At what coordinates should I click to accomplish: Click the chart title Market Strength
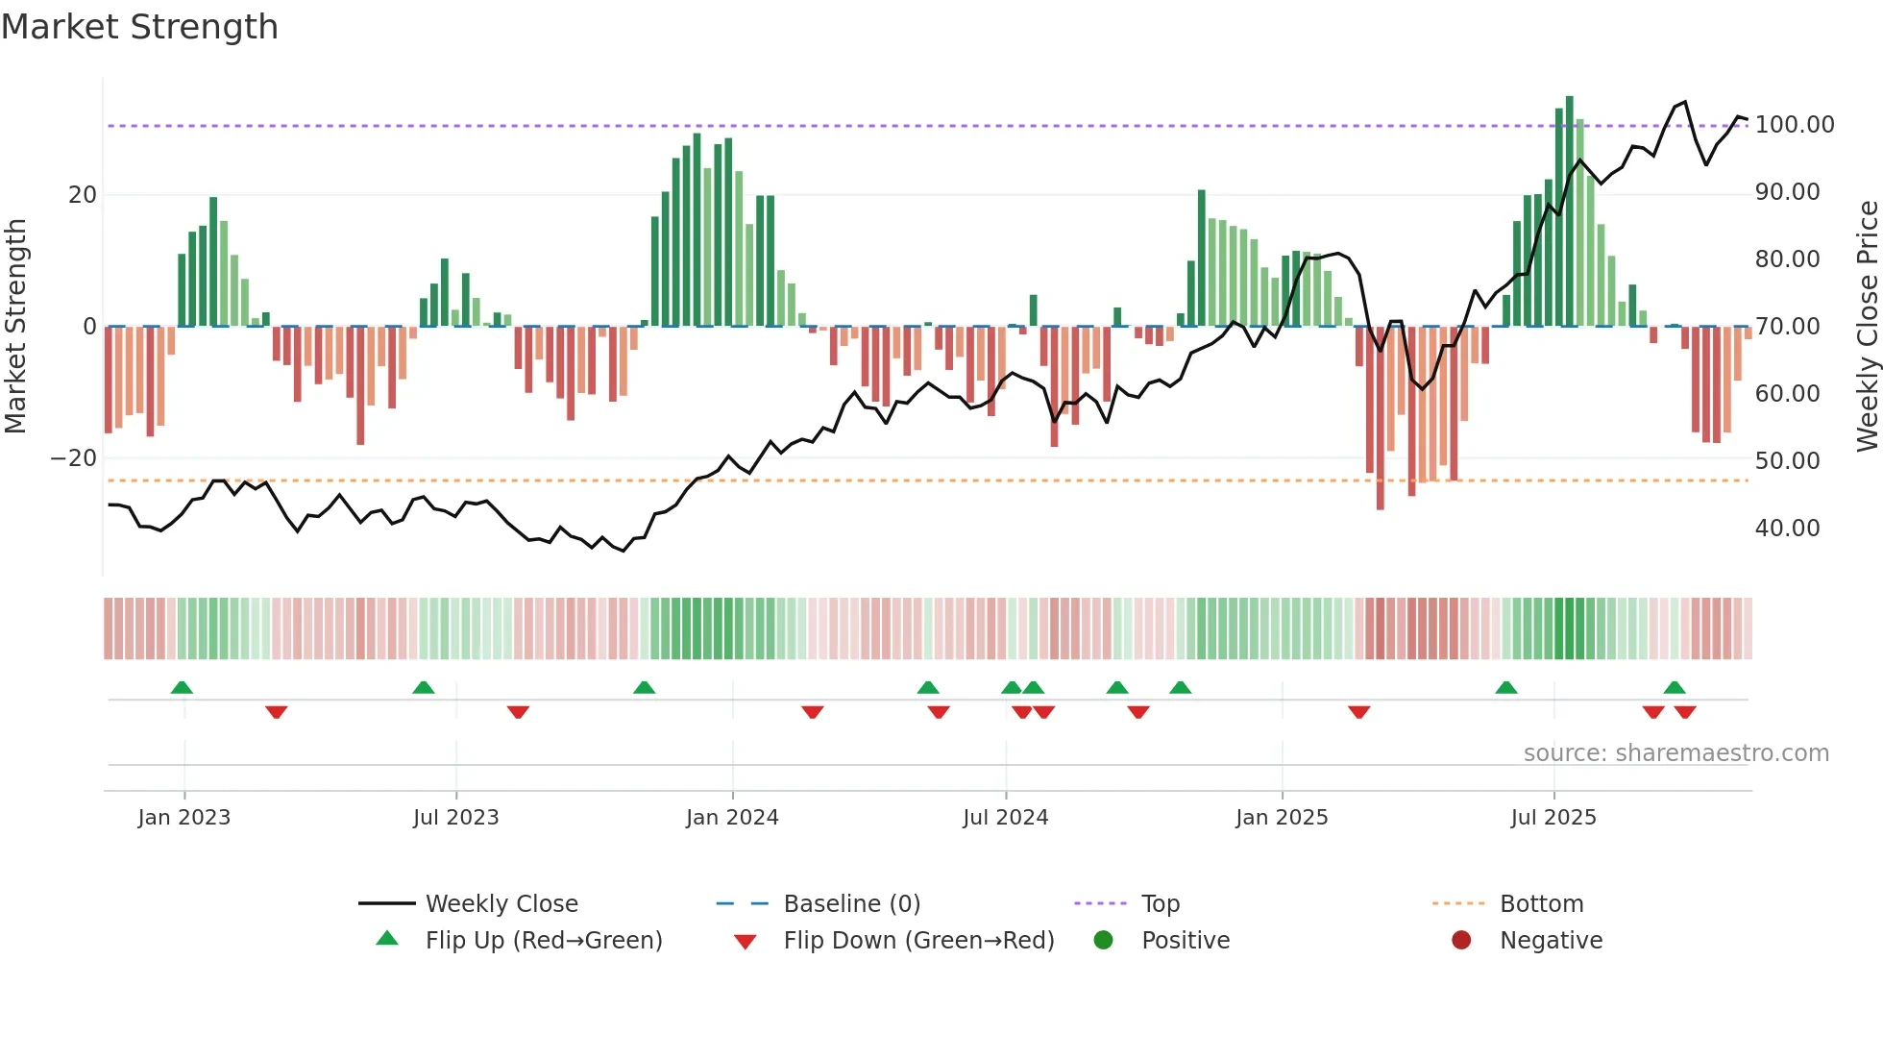tap(139, 27)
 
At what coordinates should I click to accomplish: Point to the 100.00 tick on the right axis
tap(1794, 125)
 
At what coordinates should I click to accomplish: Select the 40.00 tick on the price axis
tap(1787, 529)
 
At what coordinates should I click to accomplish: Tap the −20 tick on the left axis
tap(74, 458)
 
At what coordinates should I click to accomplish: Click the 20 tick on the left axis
tap(83, 195)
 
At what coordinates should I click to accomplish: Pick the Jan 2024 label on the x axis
tap(732, 818)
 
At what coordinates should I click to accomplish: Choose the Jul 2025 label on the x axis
tap(1553, 818)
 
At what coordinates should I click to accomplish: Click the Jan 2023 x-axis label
tap(183, 818)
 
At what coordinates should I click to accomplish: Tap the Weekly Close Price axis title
tap(1867, 326)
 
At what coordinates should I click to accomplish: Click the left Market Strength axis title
tap(16, 326)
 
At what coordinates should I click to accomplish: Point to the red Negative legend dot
tap(1461, 940)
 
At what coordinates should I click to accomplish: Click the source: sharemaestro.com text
tap(1675, 753)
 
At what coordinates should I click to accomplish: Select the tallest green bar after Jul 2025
tap(1570, 211)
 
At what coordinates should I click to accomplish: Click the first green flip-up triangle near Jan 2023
tap(182, 687)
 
